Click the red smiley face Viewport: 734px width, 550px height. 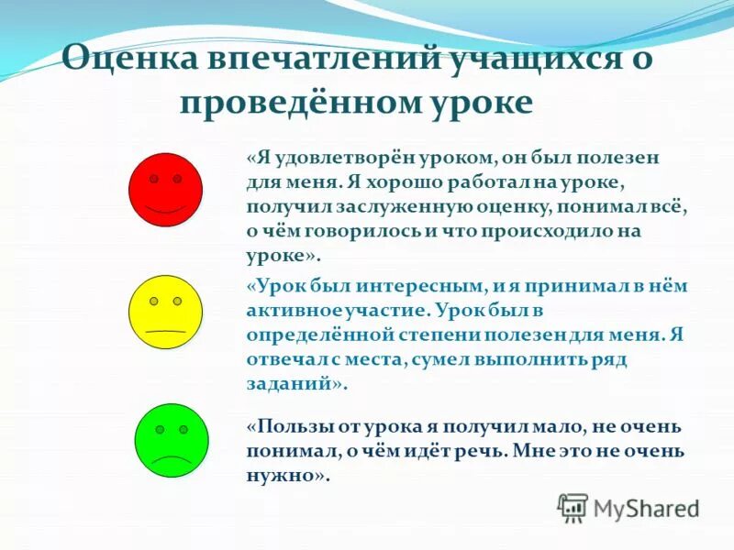click(165, 191)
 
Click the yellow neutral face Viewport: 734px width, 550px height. click(166, 313)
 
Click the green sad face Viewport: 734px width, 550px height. click(172, 441)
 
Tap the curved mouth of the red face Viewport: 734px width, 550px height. click(165, 208)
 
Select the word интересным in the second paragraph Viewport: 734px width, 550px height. click(421, 285)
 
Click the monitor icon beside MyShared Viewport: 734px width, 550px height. click(573, 507)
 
